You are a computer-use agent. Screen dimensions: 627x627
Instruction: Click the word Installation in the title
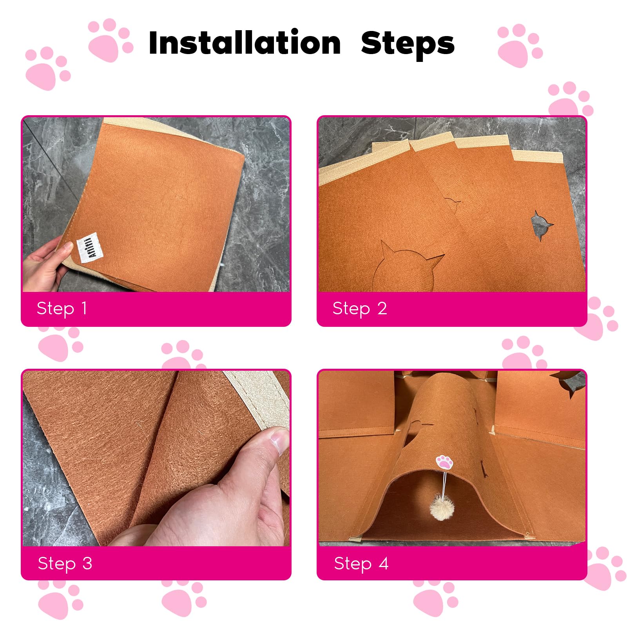245,43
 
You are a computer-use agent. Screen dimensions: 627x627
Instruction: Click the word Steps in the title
408,44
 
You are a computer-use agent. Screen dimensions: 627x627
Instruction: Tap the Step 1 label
62,308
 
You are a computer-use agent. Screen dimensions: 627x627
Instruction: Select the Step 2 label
359,308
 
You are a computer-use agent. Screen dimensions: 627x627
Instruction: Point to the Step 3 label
65,564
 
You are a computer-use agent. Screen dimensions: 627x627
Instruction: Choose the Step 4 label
361,564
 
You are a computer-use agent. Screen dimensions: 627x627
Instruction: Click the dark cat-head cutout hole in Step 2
542,225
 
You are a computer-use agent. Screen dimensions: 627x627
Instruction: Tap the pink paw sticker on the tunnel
444,462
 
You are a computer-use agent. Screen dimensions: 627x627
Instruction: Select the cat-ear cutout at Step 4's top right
568,382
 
